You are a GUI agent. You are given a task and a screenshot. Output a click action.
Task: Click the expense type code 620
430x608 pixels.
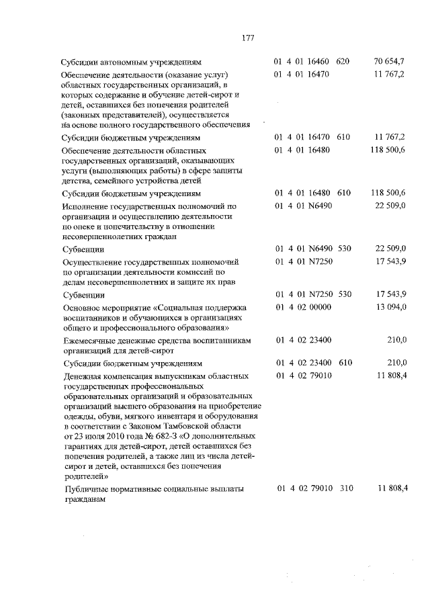343,62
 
